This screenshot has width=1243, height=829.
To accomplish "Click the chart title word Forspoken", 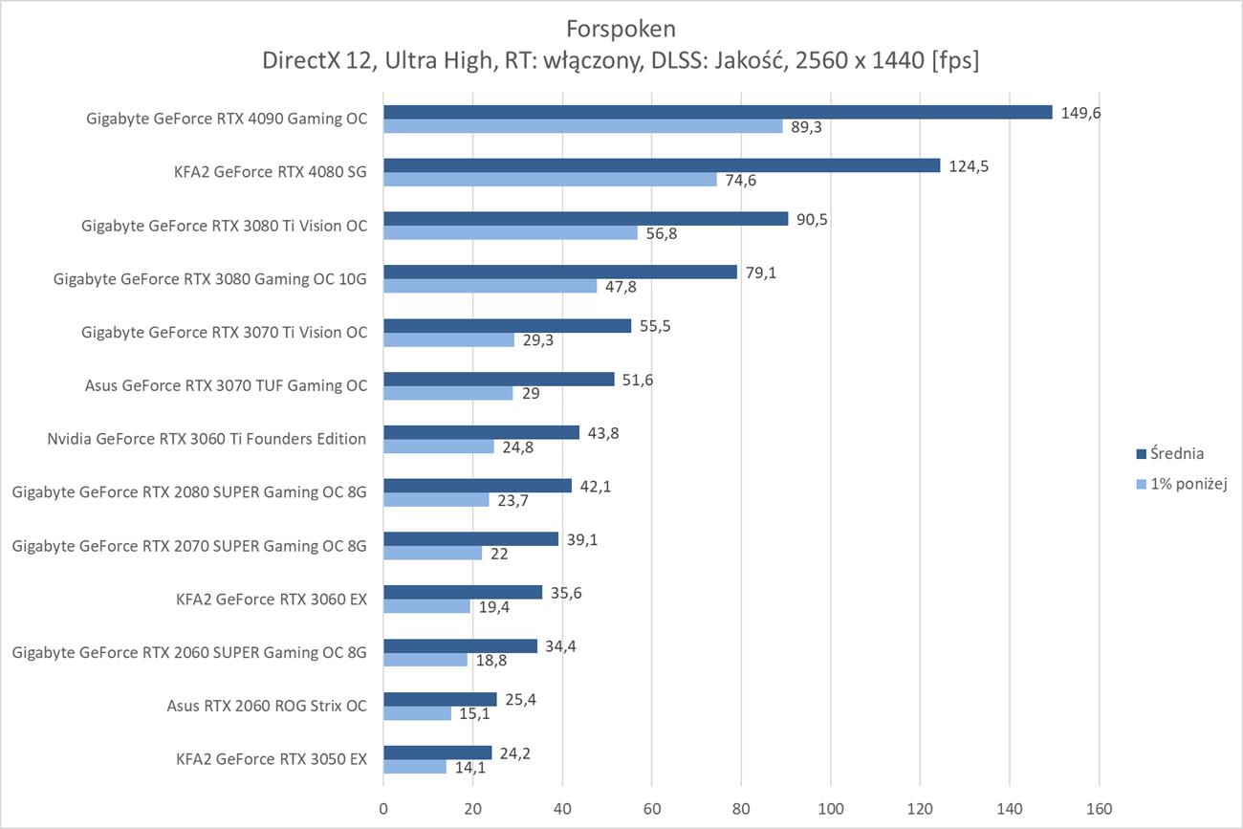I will (x=621, y=27).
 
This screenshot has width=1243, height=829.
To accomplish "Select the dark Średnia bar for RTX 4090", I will (x=717, y=112).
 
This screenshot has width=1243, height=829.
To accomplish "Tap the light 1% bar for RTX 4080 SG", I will (x=550, y=180).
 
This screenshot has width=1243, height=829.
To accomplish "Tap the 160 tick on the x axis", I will (x=1099, y=809).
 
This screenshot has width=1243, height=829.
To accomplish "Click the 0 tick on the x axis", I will (x=383, y=809).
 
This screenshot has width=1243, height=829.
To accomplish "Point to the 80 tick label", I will (x=741, y=809).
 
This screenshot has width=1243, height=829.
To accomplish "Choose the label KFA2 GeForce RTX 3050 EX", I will (x=272, y=760).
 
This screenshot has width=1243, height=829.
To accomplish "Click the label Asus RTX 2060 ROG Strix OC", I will (x=266, y=707).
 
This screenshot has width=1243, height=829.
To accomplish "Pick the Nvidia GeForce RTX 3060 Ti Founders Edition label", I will (x=207, y=439).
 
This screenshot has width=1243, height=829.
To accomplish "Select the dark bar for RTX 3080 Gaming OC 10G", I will (x=560, y=272).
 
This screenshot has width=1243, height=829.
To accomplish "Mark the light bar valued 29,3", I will (x=448, y=339).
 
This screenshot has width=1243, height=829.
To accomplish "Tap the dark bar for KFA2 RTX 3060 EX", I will (x=463, y=592).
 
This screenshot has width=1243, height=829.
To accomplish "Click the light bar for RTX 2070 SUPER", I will (x=432, y=554).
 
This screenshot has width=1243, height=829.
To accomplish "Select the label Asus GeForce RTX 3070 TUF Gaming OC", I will (x=226, y=386).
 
